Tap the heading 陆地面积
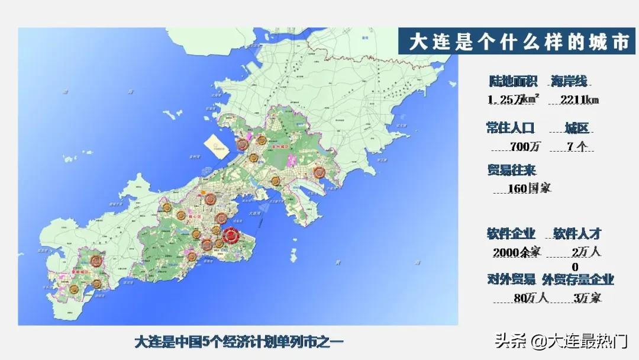(x=512, y=82)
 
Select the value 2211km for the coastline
(x=576, y=99)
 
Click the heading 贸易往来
(x=511, y=171)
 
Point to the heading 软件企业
(x=511, y=233)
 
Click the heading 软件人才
(x=577, y=233)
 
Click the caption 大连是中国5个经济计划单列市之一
(x=239, y=342)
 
